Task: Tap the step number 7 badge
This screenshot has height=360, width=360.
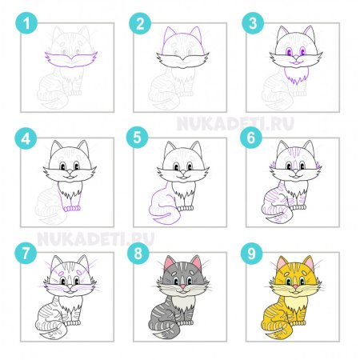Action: point(26,253)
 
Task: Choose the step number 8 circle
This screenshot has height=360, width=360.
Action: point(141,253)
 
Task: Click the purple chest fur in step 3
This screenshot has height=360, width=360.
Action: point(296,76)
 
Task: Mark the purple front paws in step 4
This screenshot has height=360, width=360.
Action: point(73,207)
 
